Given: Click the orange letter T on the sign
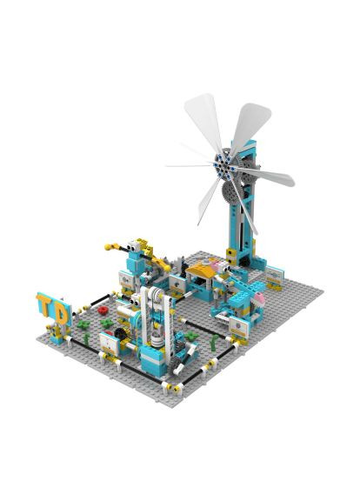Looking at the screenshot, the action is (x=45, y=304).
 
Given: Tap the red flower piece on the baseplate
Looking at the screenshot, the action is (x=103, y=310).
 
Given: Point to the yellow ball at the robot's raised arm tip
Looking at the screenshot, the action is (x=108, y=247).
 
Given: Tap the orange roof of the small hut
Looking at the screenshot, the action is (x=200, y=272).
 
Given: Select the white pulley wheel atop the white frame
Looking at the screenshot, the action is (x=157, y=294).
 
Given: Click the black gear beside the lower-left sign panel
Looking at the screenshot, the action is (x=119, y=333).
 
